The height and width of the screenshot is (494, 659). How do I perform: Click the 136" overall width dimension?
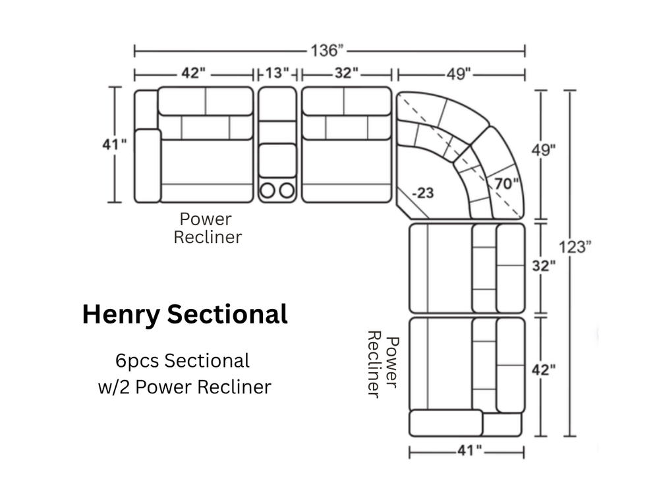(327, 51)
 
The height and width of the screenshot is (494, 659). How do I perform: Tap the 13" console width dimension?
(277, 73)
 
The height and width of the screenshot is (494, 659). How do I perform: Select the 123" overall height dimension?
(575, 247)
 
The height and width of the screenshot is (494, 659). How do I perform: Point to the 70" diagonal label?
(506, 184)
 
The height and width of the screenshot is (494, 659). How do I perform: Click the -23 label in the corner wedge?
(423, 193)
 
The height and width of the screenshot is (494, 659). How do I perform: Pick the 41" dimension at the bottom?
(469, 451)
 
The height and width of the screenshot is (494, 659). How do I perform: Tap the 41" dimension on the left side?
(114, 144)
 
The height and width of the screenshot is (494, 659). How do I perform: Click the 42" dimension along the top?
(193, 73)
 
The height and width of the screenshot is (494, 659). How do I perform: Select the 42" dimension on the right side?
(544, 370)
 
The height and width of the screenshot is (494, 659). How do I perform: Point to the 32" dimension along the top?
(347, 73)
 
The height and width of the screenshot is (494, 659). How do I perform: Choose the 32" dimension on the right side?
(544, 265)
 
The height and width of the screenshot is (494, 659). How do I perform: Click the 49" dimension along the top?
(459, 74)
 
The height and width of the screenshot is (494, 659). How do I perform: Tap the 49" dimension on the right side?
(544, 150)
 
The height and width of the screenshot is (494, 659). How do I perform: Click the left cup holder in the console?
(268, 190)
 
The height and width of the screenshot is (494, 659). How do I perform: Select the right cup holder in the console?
(287, 190)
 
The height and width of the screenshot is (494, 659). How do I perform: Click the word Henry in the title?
(121, 315)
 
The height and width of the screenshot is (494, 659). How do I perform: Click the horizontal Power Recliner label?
(208, 228)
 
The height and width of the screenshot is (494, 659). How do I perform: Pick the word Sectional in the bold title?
(227, 314)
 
